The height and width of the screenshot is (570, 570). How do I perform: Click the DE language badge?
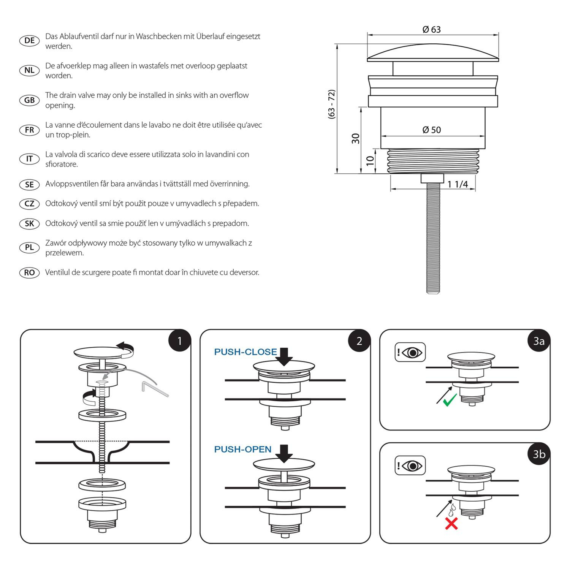click(29, 41)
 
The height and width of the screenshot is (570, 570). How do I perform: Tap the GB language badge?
click(29, 100)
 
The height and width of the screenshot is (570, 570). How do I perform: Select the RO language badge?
click(29, 272)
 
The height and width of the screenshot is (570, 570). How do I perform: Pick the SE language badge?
click(29, 185)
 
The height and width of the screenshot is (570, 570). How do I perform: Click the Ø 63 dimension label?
click(432, 29)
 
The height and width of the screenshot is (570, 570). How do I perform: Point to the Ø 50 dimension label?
click(432, 130)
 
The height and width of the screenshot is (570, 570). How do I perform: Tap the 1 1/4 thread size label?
click(458, 185)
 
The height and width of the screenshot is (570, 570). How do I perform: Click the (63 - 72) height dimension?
click(332, 104)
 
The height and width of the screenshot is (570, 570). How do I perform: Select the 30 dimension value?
click(356, 138)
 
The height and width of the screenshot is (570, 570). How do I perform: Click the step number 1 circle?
click(179, 341)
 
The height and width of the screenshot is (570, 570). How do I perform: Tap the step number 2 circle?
click(359, 341)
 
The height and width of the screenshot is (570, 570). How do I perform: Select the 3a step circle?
click(539, 341)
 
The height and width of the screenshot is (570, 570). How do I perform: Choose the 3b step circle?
click(539, 454)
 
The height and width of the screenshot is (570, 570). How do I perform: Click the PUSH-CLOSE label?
click(245, 352)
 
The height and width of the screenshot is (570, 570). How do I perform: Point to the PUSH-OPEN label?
click(243, 449)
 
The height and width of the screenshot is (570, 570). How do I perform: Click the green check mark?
click(450, 400)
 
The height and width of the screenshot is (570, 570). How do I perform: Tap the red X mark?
click(451, 524)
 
